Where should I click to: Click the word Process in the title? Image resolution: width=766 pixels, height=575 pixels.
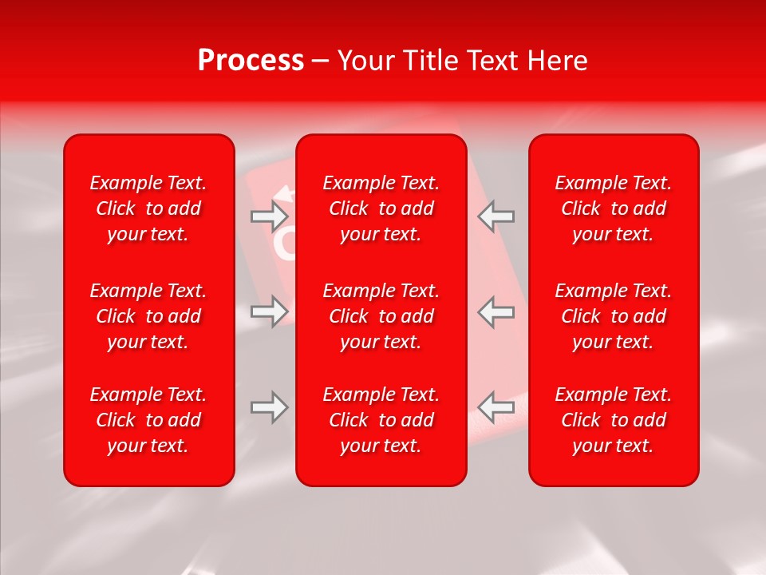click(x=251, y=61)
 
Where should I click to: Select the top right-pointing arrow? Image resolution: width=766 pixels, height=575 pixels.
click(x=270, y=216)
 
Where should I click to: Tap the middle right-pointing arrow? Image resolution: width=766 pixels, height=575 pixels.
click(x=270, y=311)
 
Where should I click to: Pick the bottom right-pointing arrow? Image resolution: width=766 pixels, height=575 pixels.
click(x=270, y=407)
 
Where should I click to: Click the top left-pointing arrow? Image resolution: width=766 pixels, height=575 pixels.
click(x=496, y=216)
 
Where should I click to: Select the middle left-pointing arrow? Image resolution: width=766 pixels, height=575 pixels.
click(x=496, y=311)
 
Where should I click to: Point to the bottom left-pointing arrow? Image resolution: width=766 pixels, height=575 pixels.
click(x=496, y=407)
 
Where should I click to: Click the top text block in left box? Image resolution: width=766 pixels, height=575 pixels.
click(x=148, y=208)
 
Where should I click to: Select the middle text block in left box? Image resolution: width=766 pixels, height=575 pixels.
click(x=148, y=316)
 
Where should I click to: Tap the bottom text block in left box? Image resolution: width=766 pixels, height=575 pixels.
click(x=148, y=420)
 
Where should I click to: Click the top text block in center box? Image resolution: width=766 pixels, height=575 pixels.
click(x=381, y=208)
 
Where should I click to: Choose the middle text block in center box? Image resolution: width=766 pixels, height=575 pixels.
click(x=381, y=316)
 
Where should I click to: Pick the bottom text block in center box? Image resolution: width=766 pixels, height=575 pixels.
click(x=381, y=420)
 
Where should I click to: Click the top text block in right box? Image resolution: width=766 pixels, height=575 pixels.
click(x=614, y=208)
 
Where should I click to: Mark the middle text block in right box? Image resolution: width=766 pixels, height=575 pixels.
click(x=614, y=316)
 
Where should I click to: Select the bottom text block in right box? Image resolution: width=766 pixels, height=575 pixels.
click(x=614, y=420)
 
